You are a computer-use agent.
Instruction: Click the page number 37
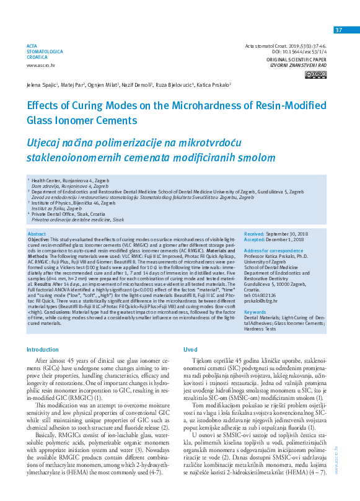click(338, 30)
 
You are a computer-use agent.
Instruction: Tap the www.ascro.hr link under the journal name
click(39, 65)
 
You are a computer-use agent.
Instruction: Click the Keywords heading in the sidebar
click(256, 312)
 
